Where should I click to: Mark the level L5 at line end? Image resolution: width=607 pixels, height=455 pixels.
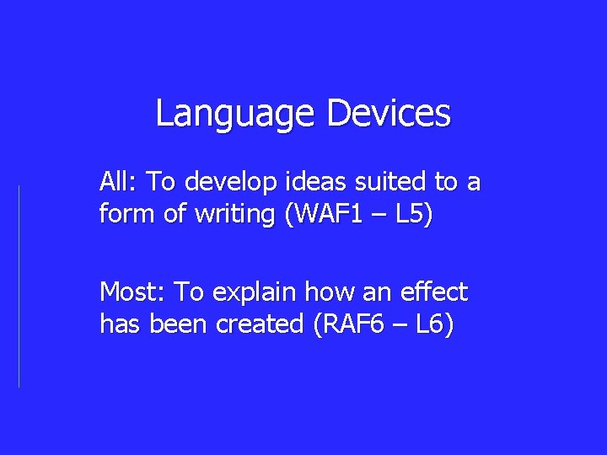(x=413, y=215)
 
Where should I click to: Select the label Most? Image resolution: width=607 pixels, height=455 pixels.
(x=133, y=292)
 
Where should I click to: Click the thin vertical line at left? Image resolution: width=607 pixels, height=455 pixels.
(x=19, y=286)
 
